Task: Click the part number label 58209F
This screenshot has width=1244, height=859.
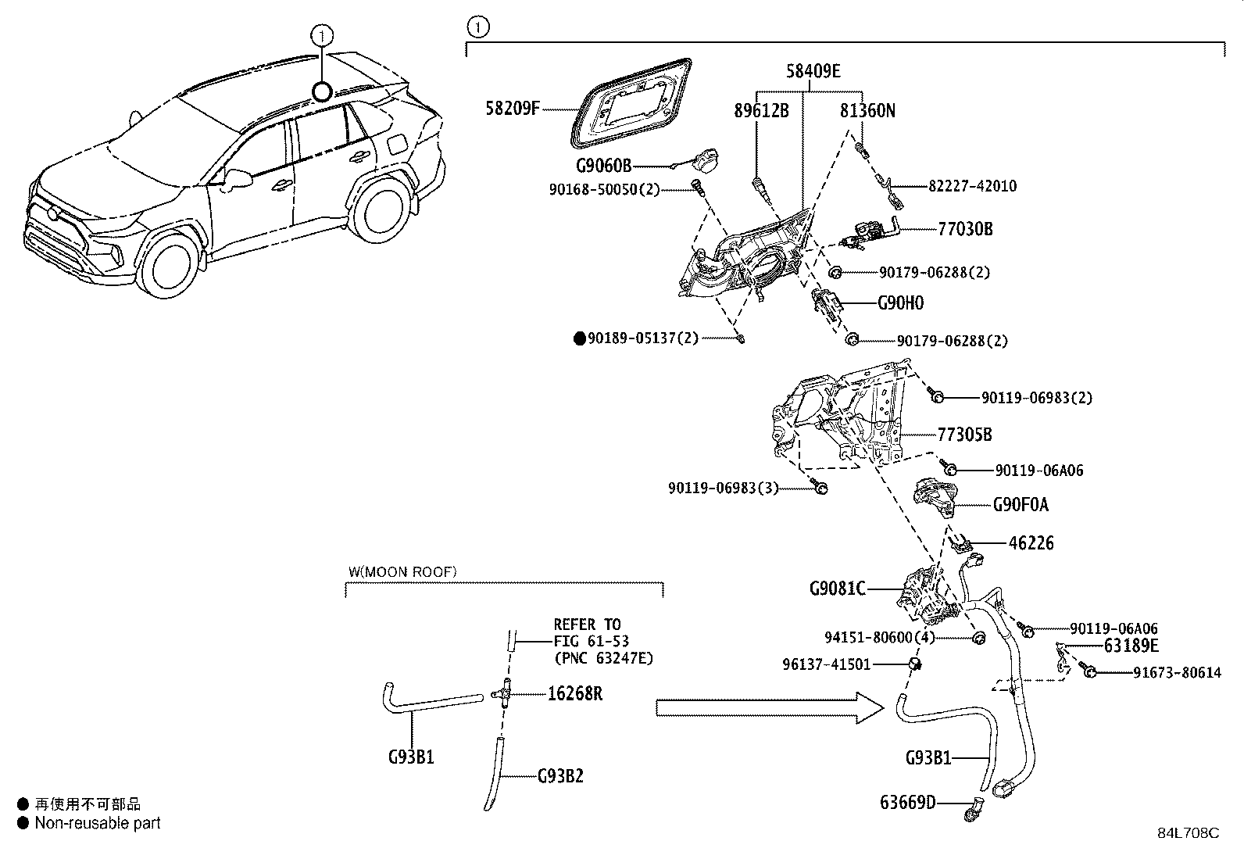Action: (x=513, y=108)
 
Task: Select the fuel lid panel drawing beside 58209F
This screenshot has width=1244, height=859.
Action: (x=634, y=102)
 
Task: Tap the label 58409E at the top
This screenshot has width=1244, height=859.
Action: (x=813, y=71)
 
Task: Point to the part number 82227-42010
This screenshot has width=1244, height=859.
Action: (x=972, y=186)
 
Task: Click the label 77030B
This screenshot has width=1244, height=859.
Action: (x=965, y=229)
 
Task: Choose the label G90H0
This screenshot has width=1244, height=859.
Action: (x=900, y=302)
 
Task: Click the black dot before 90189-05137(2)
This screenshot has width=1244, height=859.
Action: (x=579, y=338)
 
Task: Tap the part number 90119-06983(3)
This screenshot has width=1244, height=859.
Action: (x=724, y=488)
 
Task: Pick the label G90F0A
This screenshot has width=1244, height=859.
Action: (x=1021, y=505)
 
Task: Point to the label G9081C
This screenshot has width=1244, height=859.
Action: (x=838, y=588)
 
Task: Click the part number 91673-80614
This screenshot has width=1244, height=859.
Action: (x=1177, y=672)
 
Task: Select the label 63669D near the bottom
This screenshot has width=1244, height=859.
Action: (x=907, y=803)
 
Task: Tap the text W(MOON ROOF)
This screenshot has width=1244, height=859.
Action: (x=402, y=572)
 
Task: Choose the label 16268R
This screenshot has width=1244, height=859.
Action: (x=575, y=693)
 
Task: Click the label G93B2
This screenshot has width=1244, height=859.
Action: (x=560, y=776)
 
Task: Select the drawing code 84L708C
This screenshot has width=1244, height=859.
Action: (x=1188, y=832)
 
